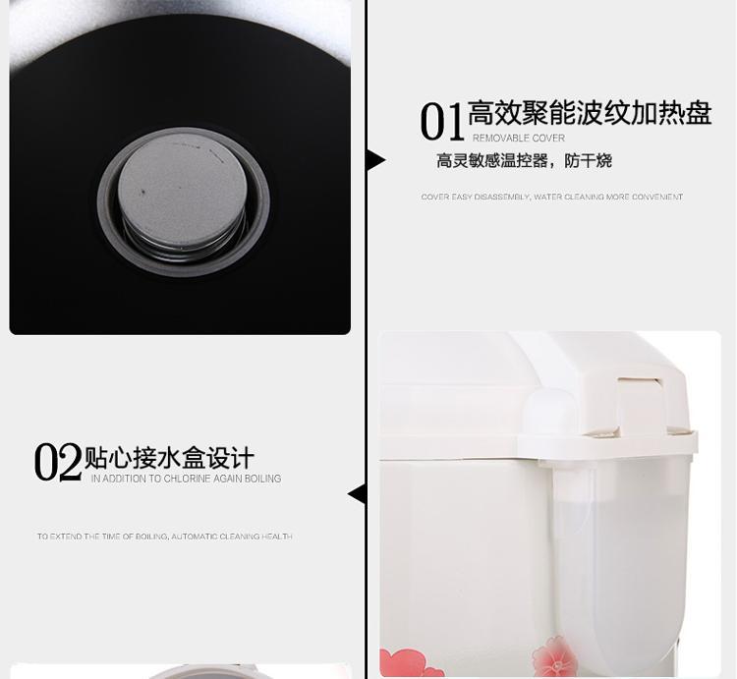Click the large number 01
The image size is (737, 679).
coord(441,122)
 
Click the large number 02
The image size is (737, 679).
coord(57,461)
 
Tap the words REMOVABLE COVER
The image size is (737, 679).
coord(519,139)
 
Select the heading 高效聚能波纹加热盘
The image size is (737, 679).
coord(590,113)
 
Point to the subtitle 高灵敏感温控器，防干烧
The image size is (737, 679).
coord(524,161)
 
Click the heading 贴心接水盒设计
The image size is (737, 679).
coord(169,458)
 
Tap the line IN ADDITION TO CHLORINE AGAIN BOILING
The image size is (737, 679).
coord(186,479)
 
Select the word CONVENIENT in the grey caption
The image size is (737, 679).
coord(657,197)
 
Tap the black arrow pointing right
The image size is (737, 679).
coord(376,161)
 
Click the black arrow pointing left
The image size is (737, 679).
coord(357,495)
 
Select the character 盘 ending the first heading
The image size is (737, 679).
coord(699,113)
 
